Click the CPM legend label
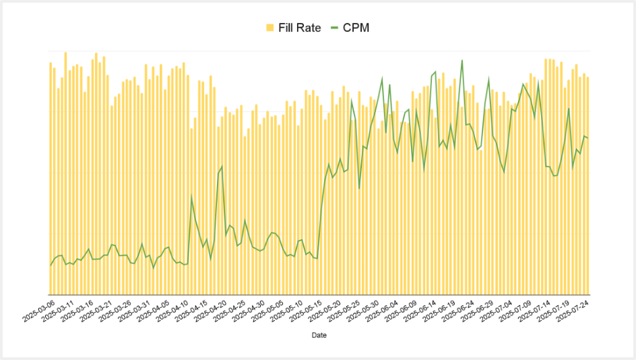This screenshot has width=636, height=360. tap(356, 28)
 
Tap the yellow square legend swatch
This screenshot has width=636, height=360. tap(270, 28)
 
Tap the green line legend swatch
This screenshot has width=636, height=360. tap(334, 28)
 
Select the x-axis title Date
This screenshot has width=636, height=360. tap(319, 335)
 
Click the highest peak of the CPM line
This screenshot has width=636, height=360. tap(462, 61)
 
